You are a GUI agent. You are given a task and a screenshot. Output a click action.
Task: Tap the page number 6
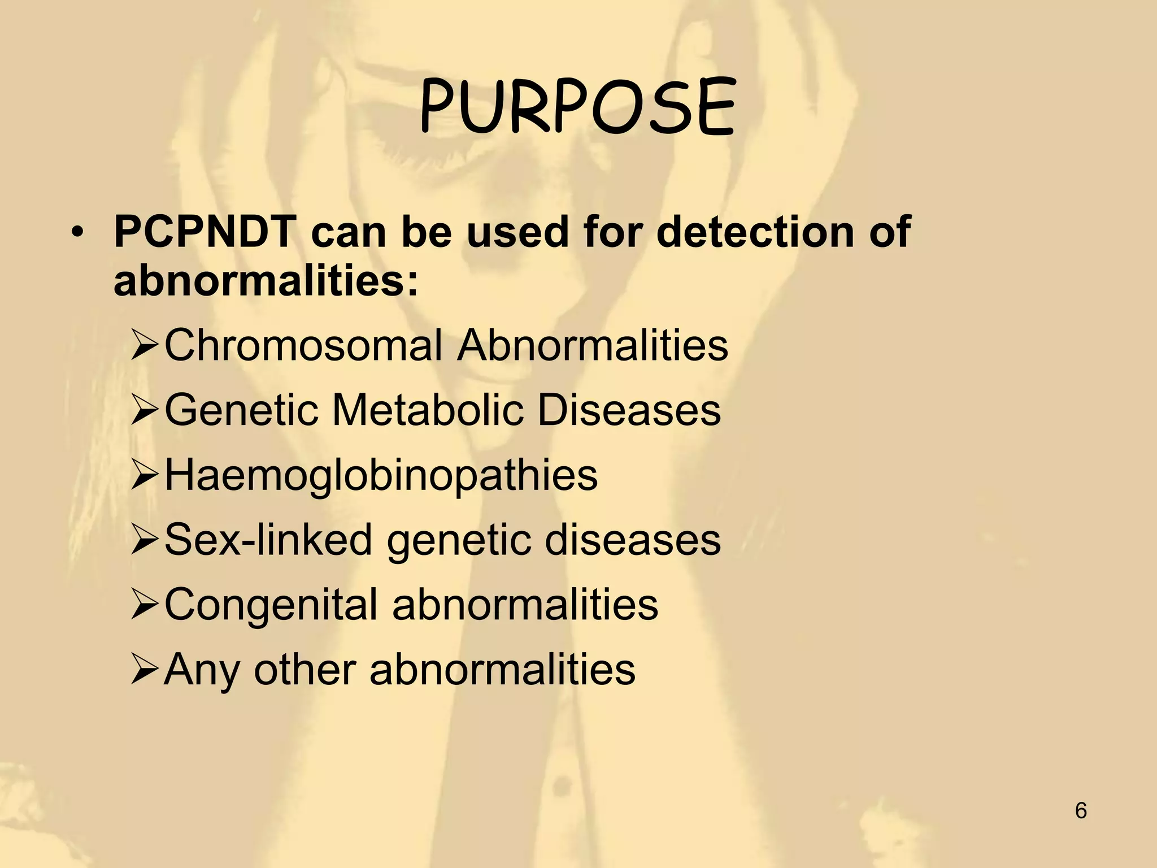pos(1081,810)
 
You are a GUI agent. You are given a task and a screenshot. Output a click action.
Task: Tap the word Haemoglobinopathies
pos(381,475)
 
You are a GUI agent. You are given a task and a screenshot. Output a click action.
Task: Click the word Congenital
pos(271,605)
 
